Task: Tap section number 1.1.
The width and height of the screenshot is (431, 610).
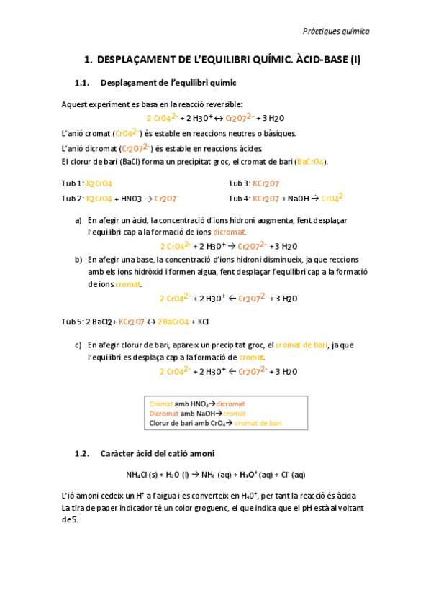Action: click(x=84, y=83)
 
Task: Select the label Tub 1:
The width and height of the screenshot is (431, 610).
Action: click(x=73, y=183)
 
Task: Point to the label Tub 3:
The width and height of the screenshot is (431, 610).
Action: click(x=240, y=183)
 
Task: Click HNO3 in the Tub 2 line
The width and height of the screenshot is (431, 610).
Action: click(x=132, y=198)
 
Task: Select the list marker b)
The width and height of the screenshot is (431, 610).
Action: click(x=78, y=259)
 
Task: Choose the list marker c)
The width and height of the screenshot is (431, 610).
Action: click(x=78, y=345)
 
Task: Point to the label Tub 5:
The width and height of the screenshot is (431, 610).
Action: click(x=73, y=322)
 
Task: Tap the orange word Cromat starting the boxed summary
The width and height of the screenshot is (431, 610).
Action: click(x=161, y=404)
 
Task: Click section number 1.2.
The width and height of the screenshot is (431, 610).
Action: click(x=85, y=453)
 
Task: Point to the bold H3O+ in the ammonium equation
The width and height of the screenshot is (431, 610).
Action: click(x=246, y=475)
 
